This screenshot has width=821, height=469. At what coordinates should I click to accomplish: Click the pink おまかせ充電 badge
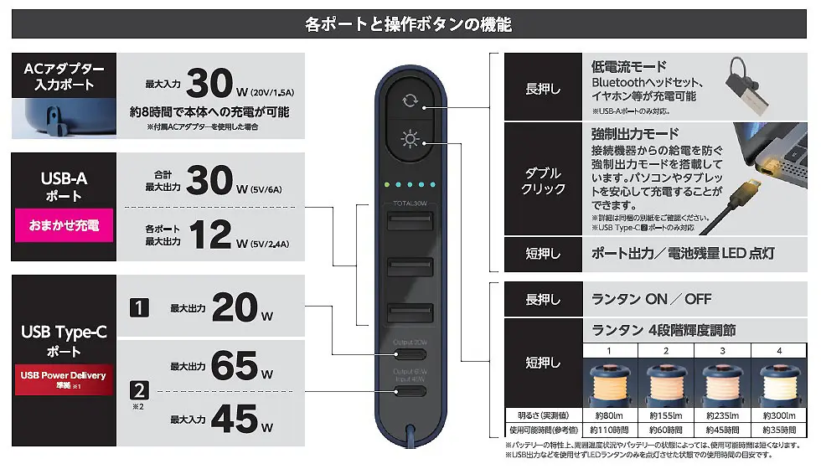click(x=64, y=224)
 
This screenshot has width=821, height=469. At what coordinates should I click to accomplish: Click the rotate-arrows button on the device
click(x=409, y=101)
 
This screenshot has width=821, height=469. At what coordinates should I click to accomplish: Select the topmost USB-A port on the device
click(x=409, y=225)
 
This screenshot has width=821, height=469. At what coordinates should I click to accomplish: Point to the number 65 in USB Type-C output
click(x=234, y=365)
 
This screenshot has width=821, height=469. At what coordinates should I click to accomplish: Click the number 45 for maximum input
click(x=234, y=417)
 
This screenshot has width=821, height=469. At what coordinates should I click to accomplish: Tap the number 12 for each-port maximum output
click(x=209, y=234)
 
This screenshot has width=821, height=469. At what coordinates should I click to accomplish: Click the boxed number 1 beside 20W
click(x=139, y=307)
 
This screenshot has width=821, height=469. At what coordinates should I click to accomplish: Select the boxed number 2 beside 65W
click(x=139, y=389)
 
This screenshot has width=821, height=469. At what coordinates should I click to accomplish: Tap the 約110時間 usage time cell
click(x=609, y=429)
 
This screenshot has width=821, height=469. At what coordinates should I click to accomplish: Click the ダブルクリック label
click(x=543, y=181)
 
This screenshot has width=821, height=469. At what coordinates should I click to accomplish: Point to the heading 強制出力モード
click(x=635, y=134)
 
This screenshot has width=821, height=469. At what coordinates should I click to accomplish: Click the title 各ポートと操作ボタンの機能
click(x=409, y=24)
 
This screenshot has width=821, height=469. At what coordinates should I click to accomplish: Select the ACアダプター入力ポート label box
click(x=64, y=76)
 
